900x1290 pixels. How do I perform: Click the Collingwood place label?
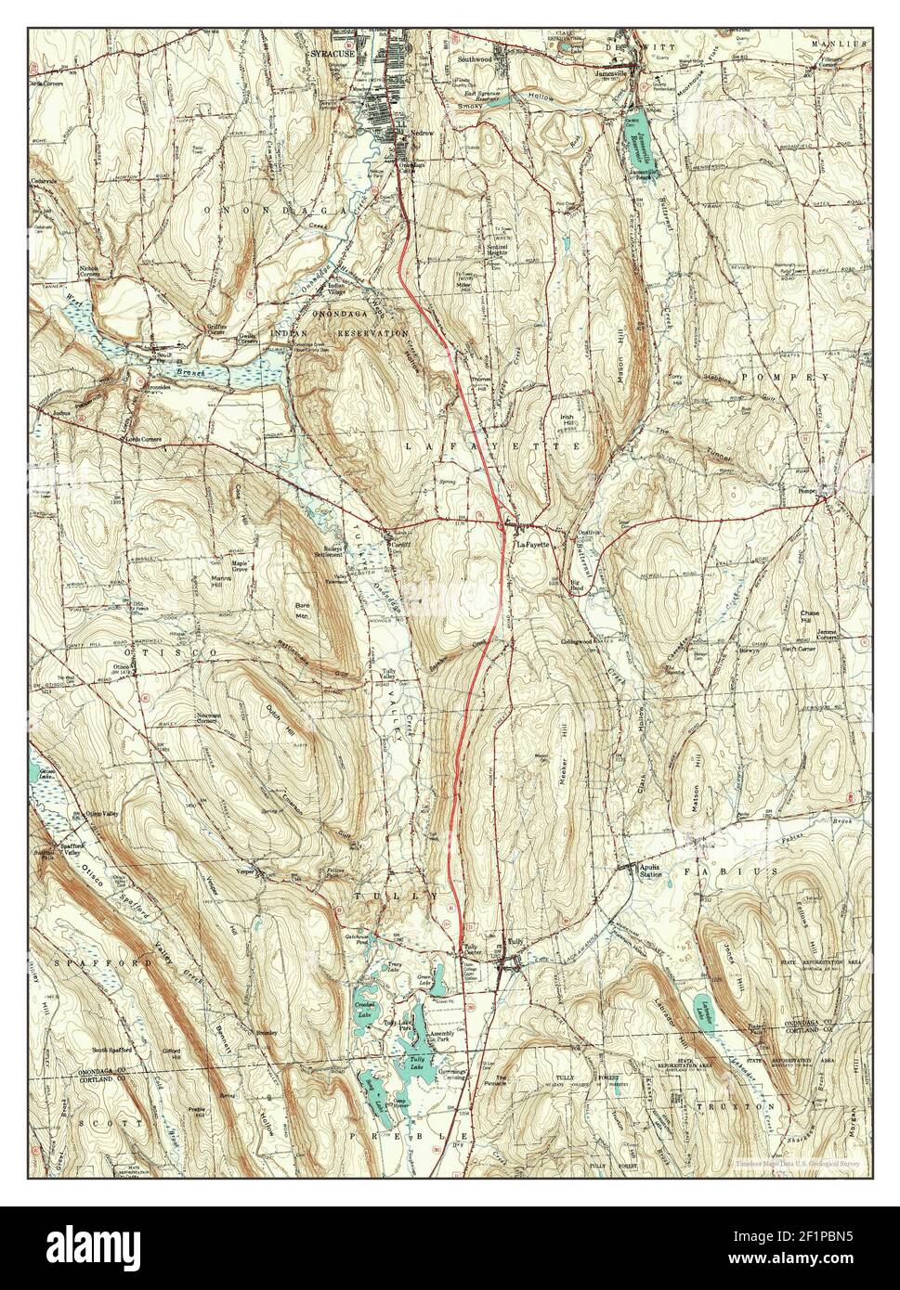click(582, 641)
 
